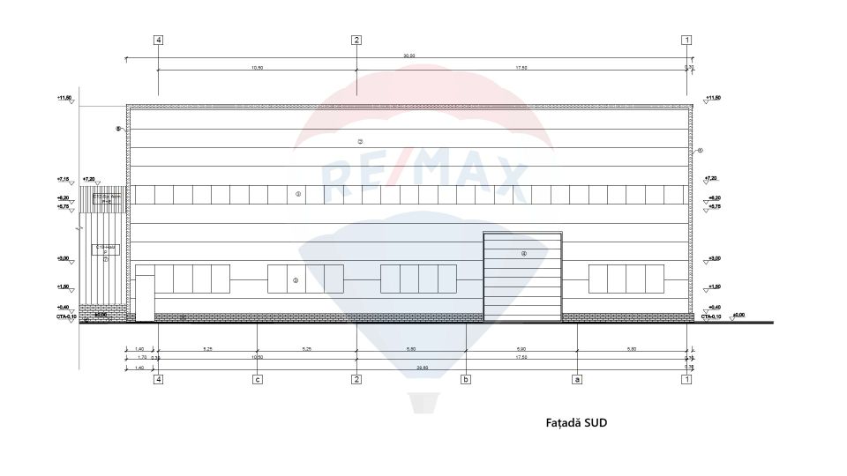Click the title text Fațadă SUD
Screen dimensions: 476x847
(576, 423)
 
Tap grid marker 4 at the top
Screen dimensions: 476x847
(158, 40)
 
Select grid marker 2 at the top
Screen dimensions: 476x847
(356, 40)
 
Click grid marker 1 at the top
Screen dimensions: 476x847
(686, 40)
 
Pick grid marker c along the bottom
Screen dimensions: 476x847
(257, 380)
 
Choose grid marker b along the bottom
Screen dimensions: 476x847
(466, 380)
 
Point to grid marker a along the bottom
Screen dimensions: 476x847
(577, 380)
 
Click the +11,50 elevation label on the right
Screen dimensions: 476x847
(712, 98)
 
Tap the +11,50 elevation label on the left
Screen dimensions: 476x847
(64, 98)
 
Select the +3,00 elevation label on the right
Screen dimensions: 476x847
(713, 258)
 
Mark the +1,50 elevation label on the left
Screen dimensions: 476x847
(64, 286)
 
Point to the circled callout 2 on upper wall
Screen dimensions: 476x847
(360, 141)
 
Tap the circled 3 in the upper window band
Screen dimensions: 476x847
(298, 194)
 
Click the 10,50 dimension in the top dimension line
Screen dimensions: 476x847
(257, 67)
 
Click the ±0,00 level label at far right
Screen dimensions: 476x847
(738, 315)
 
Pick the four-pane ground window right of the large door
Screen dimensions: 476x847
(626, 279)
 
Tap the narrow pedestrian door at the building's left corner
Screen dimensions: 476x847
(144, 298)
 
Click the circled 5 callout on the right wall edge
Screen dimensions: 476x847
(701, 151)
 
